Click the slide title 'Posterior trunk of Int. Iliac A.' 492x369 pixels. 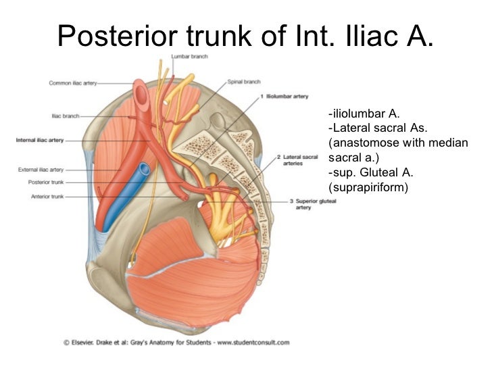pos(245,35)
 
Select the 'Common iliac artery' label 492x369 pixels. pos(73,83)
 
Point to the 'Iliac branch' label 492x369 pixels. pos(66,116)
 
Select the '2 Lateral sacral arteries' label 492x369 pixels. pos(296,159)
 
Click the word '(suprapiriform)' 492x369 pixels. pos(368,187)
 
